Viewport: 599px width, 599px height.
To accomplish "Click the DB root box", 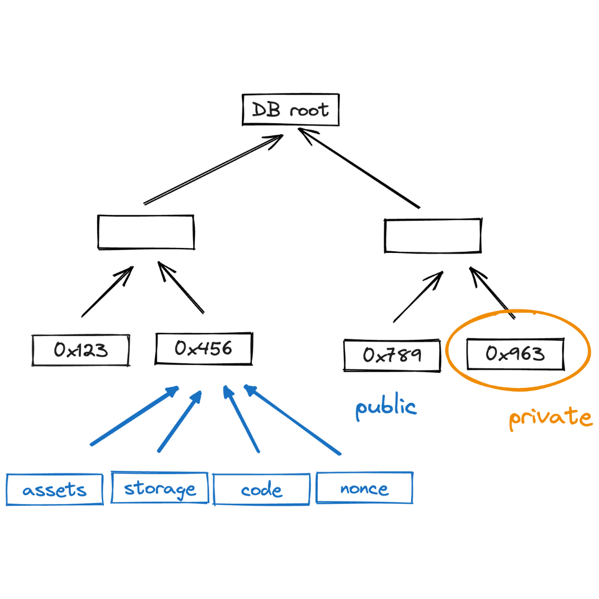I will pyautogui.click(x=291, y=109).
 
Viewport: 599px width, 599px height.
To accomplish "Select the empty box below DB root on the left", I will pyautogui.click(x=146, y=232).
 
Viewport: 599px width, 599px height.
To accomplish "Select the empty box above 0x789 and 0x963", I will pyautogui.click(x=433, y=236).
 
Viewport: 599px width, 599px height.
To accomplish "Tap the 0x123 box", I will pyautogui.click(x=81, y=350).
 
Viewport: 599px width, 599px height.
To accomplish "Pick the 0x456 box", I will pyautogui.click(x=204, y=348).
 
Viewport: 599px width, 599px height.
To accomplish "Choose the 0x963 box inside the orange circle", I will pyautogui.click(x=515, y=354).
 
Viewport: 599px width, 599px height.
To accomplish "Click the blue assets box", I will pyautogui.click(x=54, y=489).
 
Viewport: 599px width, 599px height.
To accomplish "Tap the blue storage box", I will pyautogui.click(x=160, y=488).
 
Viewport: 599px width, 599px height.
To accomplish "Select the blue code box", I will pyautogui.click(x=261, y=490).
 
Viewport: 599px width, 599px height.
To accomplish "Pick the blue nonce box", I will pyautogui.click(x=364, y=488).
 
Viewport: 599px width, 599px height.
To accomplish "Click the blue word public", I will pyautogui.click(x=386, y=407).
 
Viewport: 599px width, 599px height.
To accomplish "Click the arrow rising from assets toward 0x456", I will pyautogui.click(x=134, y=417).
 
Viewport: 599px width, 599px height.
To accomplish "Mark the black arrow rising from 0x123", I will pyautogui.click(x=108, y=292).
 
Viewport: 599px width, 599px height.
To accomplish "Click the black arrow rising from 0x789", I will pyautogui.click(x=418, y=297).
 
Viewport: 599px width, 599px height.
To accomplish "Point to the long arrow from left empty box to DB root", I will pyautogui.click(x=214, y=169).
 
